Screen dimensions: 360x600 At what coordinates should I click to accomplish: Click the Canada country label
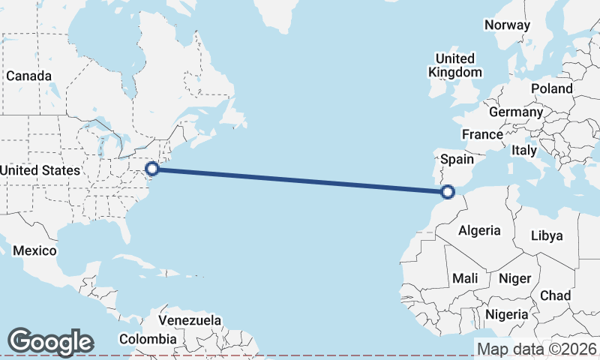(x=29, y=76)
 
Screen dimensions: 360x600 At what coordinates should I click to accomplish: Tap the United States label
(x=39, y=170)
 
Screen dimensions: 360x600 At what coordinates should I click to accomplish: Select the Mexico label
(x=34, y=250)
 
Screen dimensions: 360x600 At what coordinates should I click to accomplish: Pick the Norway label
(x=507, y=25)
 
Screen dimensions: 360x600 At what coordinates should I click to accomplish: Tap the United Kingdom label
(x=455, y=65)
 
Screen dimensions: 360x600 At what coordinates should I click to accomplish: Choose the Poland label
(x=551, y=88)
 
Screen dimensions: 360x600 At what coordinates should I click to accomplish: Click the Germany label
(x=515, y=112)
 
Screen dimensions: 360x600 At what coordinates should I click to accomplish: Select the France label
(x=482, y=134)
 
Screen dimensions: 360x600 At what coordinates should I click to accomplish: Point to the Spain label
(x=457, y=159)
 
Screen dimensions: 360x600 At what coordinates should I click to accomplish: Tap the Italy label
(x=524, y=150)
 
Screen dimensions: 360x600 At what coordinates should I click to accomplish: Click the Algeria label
(x=479, y=230)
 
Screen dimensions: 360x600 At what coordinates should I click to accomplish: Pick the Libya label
(x=547, y=235)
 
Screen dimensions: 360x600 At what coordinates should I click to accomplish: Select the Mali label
(x=465, y=278)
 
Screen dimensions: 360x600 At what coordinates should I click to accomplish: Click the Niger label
(x=515, y=278)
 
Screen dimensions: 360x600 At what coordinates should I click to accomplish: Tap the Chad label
(x=555, y=295)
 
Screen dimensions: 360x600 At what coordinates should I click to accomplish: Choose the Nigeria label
(x=508, y=313)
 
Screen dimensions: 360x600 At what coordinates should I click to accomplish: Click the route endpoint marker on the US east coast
(x=151, y=169)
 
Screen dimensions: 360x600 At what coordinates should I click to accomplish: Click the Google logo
(x=50, y=342)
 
